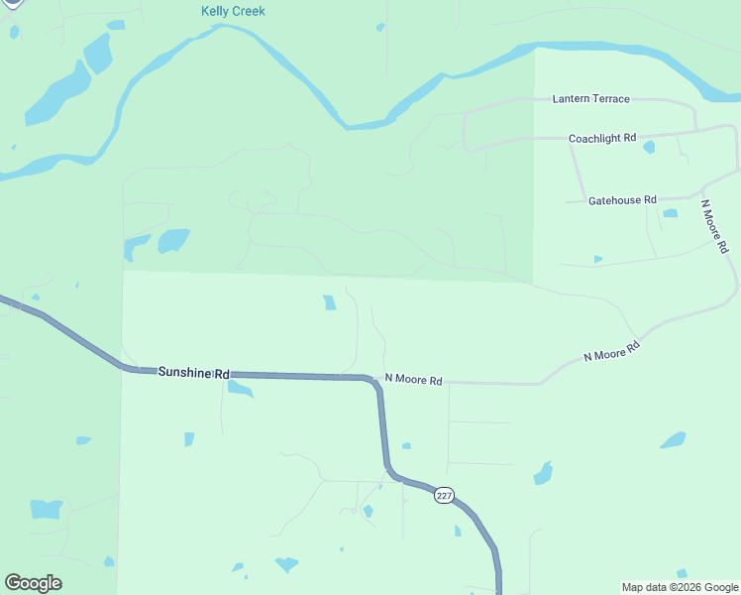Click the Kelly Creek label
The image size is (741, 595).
pos(233,11)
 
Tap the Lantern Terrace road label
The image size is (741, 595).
pos(590,99)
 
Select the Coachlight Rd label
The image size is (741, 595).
pos(602,139)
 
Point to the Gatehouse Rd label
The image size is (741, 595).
pos(622,200)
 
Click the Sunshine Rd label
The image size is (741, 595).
pos(193,372)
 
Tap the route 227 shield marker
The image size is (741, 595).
pos(444,495)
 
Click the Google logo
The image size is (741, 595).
pos(33,583)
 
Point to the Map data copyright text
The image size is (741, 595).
pos(681,587)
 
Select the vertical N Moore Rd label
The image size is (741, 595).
pos(714,226)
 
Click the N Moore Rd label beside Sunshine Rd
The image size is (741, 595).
pos(414,380)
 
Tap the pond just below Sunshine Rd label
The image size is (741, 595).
pos(240,388)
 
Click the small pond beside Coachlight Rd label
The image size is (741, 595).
pos(649,148)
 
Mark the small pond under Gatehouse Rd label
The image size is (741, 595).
pos(670,213)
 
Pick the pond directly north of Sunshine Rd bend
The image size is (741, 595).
pos(329,302)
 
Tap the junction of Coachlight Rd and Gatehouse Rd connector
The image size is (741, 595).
pos(572,147)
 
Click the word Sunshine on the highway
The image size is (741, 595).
pos(185,372)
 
